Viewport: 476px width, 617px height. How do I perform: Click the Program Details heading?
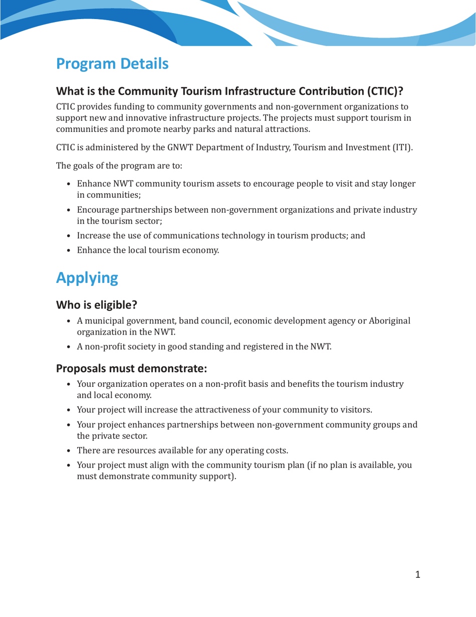[112, 64]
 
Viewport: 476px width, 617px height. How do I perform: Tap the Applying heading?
[87, 278]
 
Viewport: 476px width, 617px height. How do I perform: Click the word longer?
[399, 184]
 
